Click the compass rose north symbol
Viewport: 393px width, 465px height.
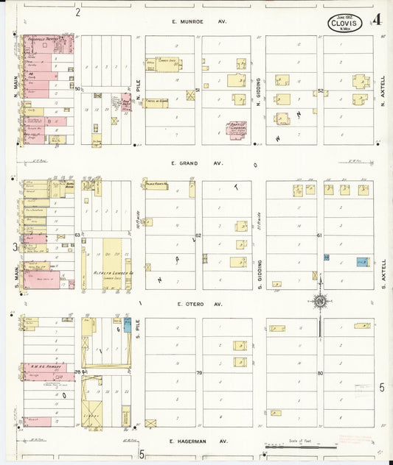[x=319, y=300]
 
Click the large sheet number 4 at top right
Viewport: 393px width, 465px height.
[x=377, y=20]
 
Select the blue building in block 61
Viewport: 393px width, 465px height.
[x=362, y=261]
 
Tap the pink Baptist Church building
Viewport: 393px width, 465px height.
[x=236, y=129]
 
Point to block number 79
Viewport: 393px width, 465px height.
[x=199, y=373]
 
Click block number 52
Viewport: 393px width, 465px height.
[x=321, y=90]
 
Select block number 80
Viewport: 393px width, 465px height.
[x=321, y=373]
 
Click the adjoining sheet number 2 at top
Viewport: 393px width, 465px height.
[x=77, y=12]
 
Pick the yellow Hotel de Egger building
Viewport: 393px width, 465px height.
[x=156, y=103]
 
